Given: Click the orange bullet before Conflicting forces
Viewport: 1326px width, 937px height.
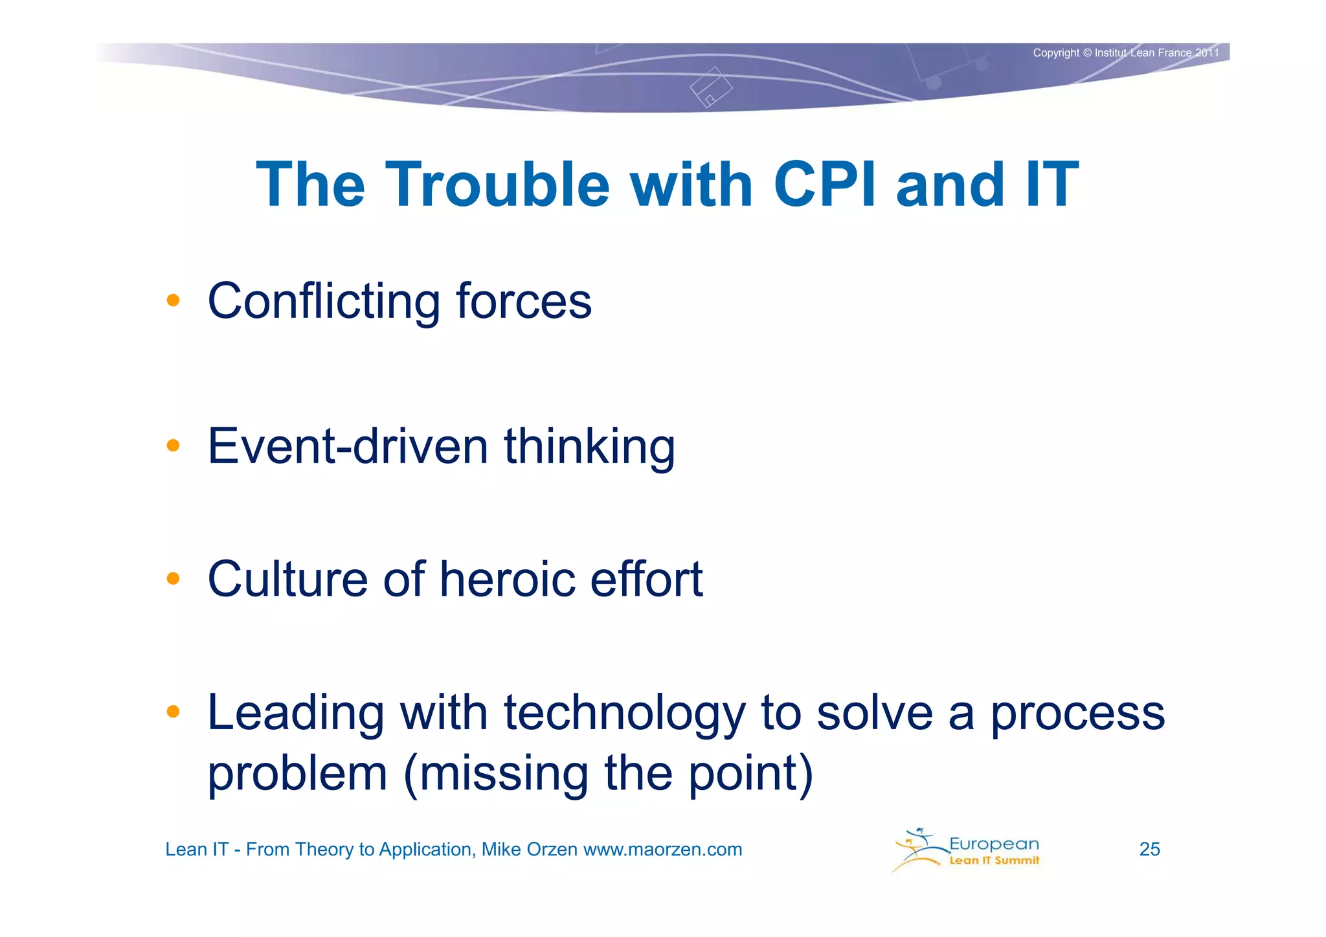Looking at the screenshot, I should (x=173, y=300).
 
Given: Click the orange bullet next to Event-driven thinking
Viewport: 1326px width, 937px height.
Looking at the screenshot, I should (x=173, y=446).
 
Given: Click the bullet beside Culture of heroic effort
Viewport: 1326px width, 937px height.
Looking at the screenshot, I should (x=173, y=578).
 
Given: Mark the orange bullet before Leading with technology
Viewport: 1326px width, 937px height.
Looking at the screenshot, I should (x=173, y=712).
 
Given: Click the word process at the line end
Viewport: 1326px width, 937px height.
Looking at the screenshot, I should (x=1077, y=714).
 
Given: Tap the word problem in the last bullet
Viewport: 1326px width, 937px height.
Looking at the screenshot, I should (x=297, y=774).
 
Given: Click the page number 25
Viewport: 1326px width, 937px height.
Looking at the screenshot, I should (x=1149, y=849).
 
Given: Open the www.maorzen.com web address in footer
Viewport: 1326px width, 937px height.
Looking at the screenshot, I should (x=662, y=849).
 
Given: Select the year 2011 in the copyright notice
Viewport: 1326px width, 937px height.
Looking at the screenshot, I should (x=1207, y=53).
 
